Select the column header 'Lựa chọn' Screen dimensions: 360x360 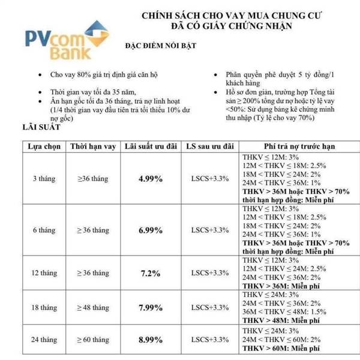(x=44, y=146)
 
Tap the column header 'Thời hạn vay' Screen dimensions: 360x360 (x=92, y=146)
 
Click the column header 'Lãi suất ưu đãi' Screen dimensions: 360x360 (x=149, y=146)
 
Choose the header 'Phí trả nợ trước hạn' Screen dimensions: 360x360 (x=299, y=146)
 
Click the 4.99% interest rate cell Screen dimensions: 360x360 (x=149, y=179)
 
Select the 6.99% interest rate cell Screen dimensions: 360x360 (x=149, y=230)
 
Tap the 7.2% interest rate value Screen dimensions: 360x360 (x=149, y=273)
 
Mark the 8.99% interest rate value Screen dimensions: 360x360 (x=149, y=339)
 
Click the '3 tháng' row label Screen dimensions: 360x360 (x=44, y=179)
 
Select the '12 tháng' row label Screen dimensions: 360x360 (x=44, y=274)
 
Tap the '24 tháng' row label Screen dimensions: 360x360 (x=44, y=340)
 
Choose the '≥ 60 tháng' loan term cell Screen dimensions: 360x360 (x=92, y=340)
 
